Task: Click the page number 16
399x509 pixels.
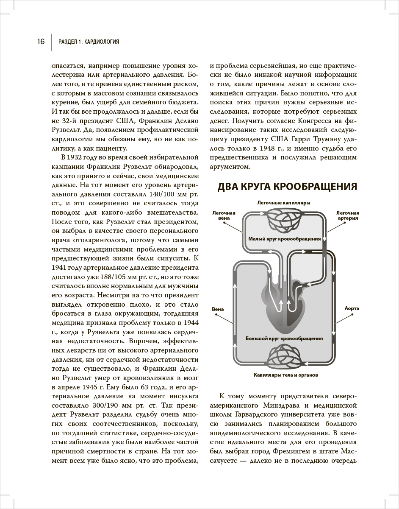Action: click(x=41, y=42)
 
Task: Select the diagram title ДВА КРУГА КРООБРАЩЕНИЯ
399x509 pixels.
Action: click(x=287, y=187)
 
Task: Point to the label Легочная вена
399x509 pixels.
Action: click(x=221, y=215)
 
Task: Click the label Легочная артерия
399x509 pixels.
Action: click(x=347, y=215)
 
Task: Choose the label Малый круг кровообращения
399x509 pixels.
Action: click(x=284, y=239)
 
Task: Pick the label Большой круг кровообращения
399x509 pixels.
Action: click(x=284, y=338)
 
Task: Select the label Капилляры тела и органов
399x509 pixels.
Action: click(x=286, y=375)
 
